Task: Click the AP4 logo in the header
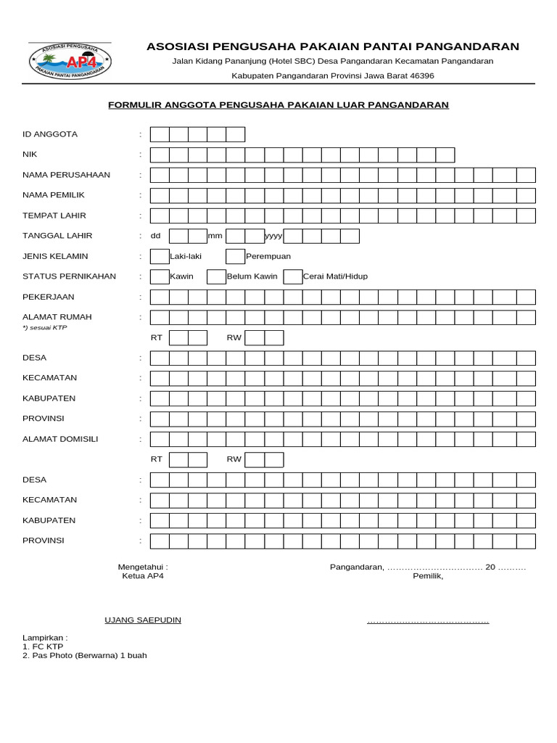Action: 70,61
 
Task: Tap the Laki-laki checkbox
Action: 160,256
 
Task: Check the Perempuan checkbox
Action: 235,256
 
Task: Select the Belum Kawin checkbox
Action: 216,276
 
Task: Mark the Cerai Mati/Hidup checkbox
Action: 292,276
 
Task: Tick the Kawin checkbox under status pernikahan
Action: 160,276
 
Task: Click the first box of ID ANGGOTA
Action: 160,134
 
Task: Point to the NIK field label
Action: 30,155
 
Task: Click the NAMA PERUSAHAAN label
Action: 66,175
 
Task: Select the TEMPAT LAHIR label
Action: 54,215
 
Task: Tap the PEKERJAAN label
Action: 49,297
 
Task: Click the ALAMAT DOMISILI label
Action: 60,439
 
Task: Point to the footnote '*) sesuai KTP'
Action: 45,328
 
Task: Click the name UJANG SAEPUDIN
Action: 143,620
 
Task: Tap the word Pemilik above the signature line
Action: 428,576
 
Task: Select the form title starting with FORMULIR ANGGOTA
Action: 278,105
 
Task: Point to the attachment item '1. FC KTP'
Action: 43,646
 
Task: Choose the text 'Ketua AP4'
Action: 143,576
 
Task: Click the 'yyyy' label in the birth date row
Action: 273,236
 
